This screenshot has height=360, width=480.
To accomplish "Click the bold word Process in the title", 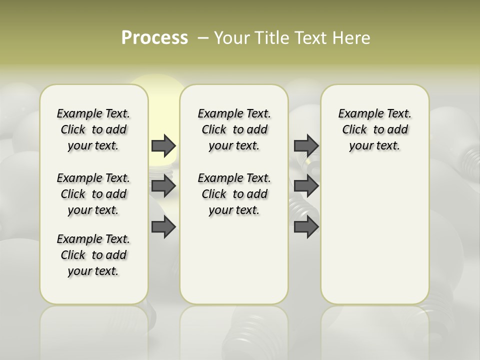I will (154, 38).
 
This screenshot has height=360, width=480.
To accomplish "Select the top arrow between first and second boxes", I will (163, 145).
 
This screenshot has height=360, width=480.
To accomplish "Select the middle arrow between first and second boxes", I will (163, 186).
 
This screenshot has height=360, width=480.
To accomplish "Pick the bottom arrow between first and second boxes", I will (163, 227).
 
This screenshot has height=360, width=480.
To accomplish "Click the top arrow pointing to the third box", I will (306, 145).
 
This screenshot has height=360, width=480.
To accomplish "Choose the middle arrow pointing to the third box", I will (306, 186).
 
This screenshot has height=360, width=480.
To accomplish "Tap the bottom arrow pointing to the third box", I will (306, 227).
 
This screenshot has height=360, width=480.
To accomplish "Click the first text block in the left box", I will (93, 129).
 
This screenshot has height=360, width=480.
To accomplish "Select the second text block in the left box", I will (93, 194).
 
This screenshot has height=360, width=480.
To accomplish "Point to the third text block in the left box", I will (93, 255).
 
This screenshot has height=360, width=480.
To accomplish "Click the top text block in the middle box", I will (234, 129).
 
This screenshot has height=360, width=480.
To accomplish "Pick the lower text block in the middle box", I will (234, 194).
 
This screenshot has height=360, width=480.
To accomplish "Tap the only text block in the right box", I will (374, 129).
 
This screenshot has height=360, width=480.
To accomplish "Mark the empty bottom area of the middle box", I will (234, 265).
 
